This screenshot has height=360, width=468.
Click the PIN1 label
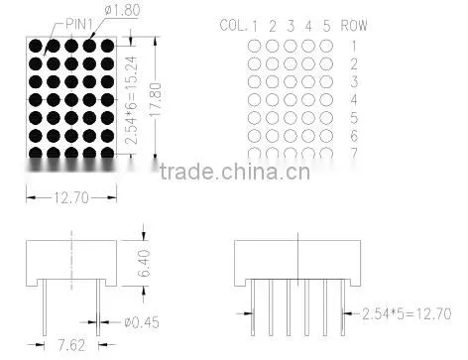tap(79, 24)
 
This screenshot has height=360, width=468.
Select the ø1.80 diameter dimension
tap(122, 10)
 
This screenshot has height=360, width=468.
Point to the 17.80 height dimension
tap(156, 99)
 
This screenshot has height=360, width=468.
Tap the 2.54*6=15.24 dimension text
tap(131, 100)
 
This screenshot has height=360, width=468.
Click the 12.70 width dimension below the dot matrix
tap(71, 197)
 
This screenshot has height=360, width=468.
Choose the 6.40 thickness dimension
tap(144, 263)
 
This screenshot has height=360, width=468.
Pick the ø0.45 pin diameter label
tap(142, 322)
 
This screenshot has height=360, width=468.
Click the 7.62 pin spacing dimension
tap(71, 345)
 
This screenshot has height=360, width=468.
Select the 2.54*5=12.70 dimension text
tap(407, 313)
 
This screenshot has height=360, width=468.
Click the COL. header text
tap(233, 26)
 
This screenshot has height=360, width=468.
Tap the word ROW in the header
tap(354, 25)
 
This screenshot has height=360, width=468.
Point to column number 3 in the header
tap(291, 26)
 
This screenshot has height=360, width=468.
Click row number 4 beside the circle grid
tap(354, 99)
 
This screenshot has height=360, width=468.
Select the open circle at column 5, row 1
tap(326, 46)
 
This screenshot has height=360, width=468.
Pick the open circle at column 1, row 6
tap(254, 136)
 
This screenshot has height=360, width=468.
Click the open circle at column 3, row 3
tap(291, 82)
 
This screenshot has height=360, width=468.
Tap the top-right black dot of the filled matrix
tap(107, 46)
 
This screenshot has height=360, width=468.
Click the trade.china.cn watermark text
tap(235, 172)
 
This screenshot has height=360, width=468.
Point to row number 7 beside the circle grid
tap(354, 153)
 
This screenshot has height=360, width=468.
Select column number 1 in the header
tap(255, 27)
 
